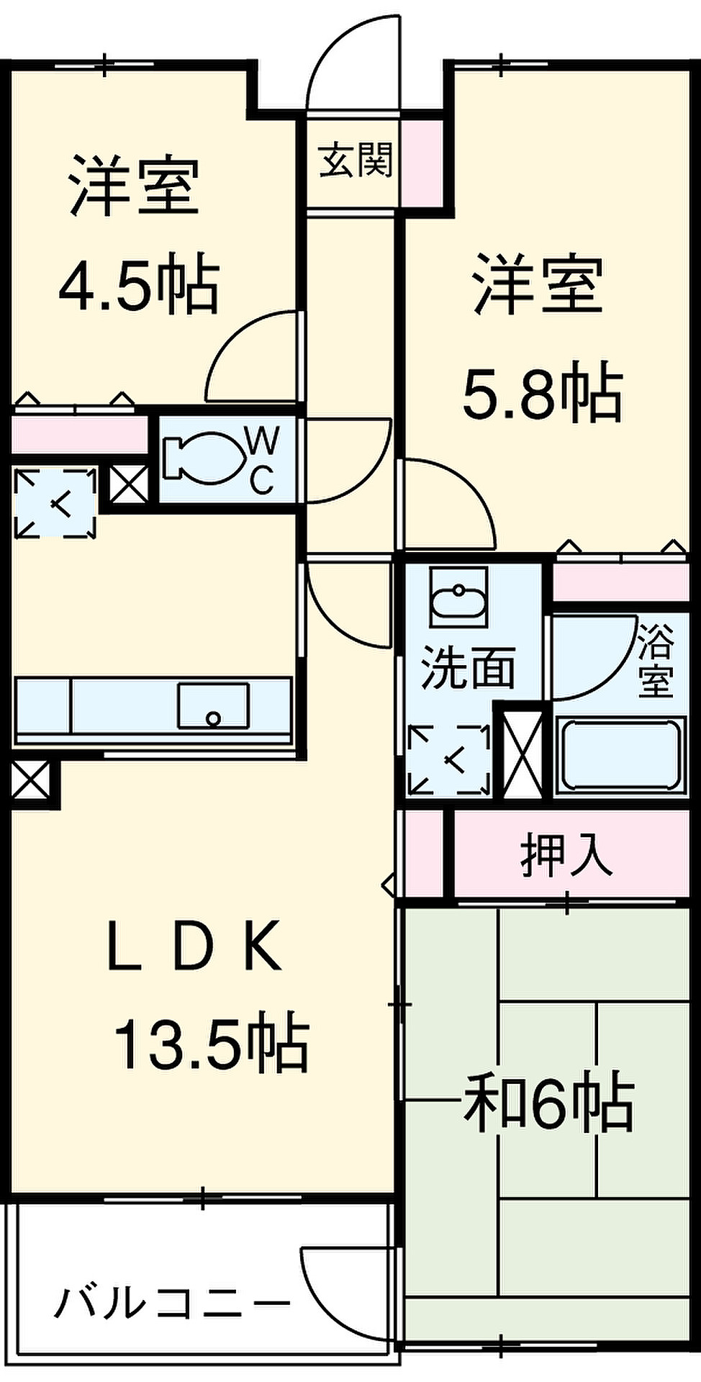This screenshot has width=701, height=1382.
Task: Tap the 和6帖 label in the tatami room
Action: pos(548,1101)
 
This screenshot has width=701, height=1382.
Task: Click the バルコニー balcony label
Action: pos(173,1304)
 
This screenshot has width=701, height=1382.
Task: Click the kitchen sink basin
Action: pos(213,705)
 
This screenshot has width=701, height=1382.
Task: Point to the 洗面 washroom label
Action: pos(467,667)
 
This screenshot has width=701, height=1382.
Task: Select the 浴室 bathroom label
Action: pos(655,662)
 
